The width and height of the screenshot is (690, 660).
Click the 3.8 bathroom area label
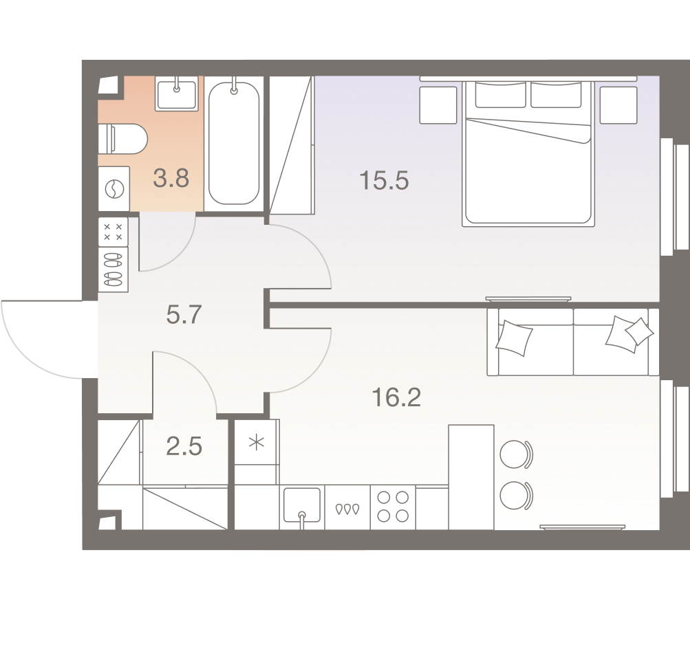171,179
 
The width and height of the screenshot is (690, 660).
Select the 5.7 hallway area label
184,315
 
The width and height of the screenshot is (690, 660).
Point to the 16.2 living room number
396,397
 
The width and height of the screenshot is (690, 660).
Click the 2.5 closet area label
184,447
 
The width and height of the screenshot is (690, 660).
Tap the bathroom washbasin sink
177,93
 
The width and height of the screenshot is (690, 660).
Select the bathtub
234,143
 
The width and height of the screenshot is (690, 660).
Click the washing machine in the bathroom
113,188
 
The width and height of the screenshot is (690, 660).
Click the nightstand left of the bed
438,104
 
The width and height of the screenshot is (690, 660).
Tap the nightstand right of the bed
618,104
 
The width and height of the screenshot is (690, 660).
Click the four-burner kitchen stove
393,507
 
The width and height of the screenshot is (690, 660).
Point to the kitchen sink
302,507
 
